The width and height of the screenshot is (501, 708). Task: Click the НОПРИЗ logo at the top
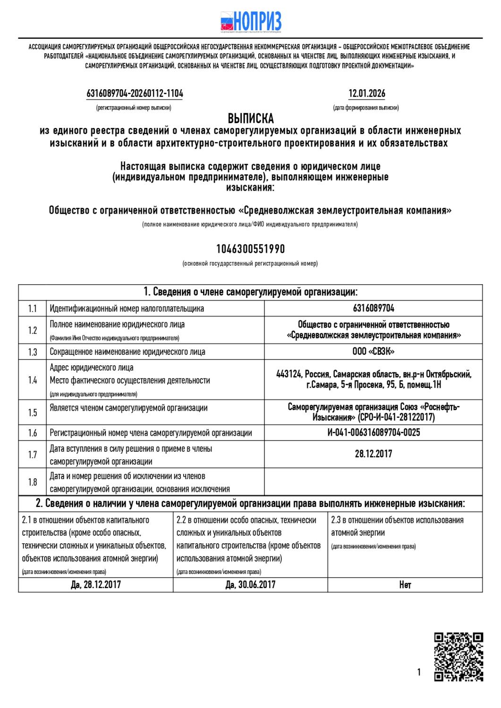click(251, 21)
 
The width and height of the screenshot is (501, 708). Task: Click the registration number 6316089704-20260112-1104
click(135, 93)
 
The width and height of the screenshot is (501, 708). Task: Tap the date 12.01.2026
click(366, 93)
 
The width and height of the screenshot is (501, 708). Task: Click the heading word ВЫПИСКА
click(251, 118)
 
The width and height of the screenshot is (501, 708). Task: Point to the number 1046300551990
click(250, 249)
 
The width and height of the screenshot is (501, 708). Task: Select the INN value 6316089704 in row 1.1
click(373, 309)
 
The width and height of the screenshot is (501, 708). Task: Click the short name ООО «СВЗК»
click(373, 352)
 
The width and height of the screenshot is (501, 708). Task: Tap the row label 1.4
click(32, 380)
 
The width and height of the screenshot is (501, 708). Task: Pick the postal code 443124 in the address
click(289, 374)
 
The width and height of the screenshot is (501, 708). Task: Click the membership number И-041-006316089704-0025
click(373, 433)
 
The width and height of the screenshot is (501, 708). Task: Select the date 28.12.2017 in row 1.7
click(373, 454)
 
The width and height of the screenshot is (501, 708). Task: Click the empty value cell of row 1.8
click(373, 482)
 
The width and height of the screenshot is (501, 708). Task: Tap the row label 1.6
click(32, 433)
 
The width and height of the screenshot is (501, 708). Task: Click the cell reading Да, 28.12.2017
click(96, 584)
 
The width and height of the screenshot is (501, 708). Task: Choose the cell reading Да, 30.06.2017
click(250, 584)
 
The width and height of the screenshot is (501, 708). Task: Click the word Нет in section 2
click(405, 584)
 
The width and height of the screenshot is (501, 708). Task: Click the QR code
click(458, 657)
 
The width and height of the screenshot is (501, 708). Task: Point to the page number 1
click(419, 672)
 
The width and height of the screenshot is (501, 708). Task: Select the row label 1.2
click(32, 330)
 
